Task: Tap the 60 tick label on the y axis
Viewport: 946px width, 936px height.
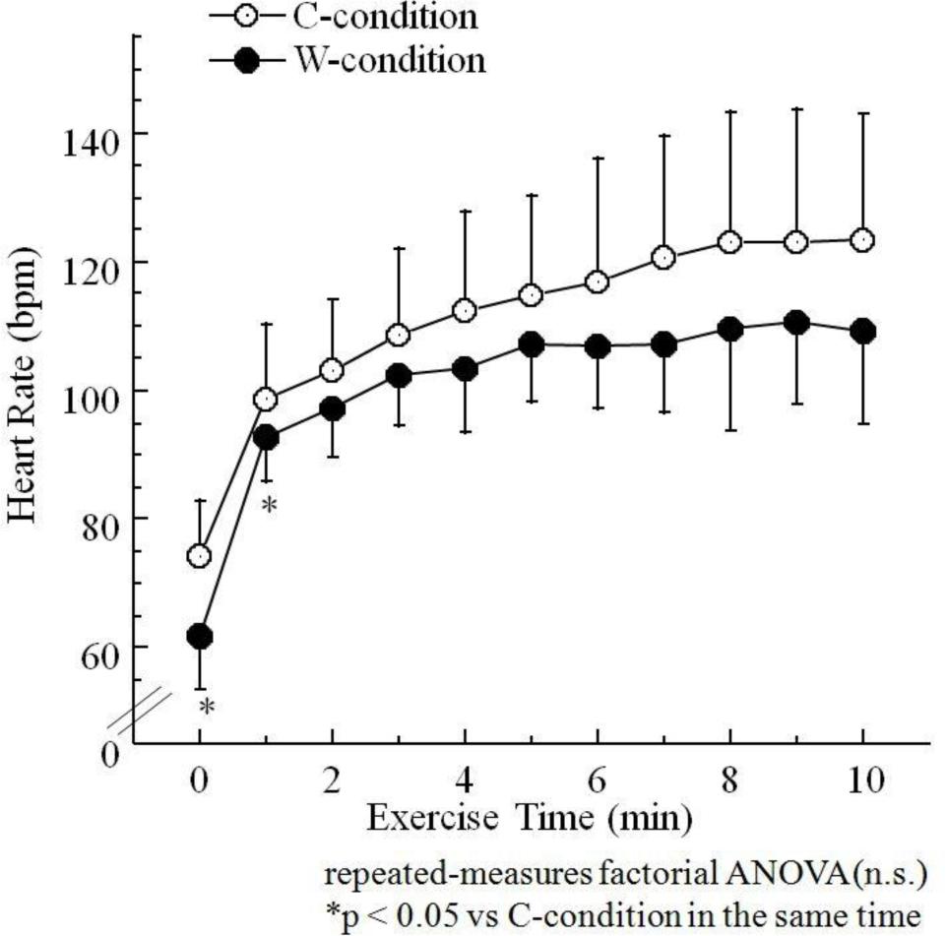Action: point(91,648)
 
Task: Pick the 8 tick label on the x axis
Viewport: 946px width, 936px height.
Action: point(729,781)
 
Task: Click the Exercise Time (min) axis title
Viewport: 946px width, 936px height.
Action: point(532,818)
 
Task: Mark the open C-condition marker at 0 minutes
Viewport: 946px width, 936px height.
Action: point(200,556)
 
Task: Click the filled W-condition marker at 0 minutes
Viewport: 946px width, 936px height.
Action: point(200,637)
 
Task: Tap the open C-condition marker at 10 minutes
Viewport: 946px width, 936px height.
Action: point(862,240)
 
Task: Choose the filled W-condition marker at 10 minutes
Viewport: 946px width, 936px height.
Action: point(862,332)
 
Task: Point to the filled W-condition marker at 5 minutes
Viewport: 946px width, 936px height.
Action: point(532,344)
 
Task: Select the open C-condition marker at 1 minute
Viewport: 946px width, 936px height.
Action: point(266,399)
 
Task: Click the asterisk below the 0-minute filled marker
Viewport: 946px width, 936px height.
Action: point(206,708)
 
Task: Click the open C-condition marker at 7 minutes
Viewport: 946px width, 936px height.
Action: point(663,258)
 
